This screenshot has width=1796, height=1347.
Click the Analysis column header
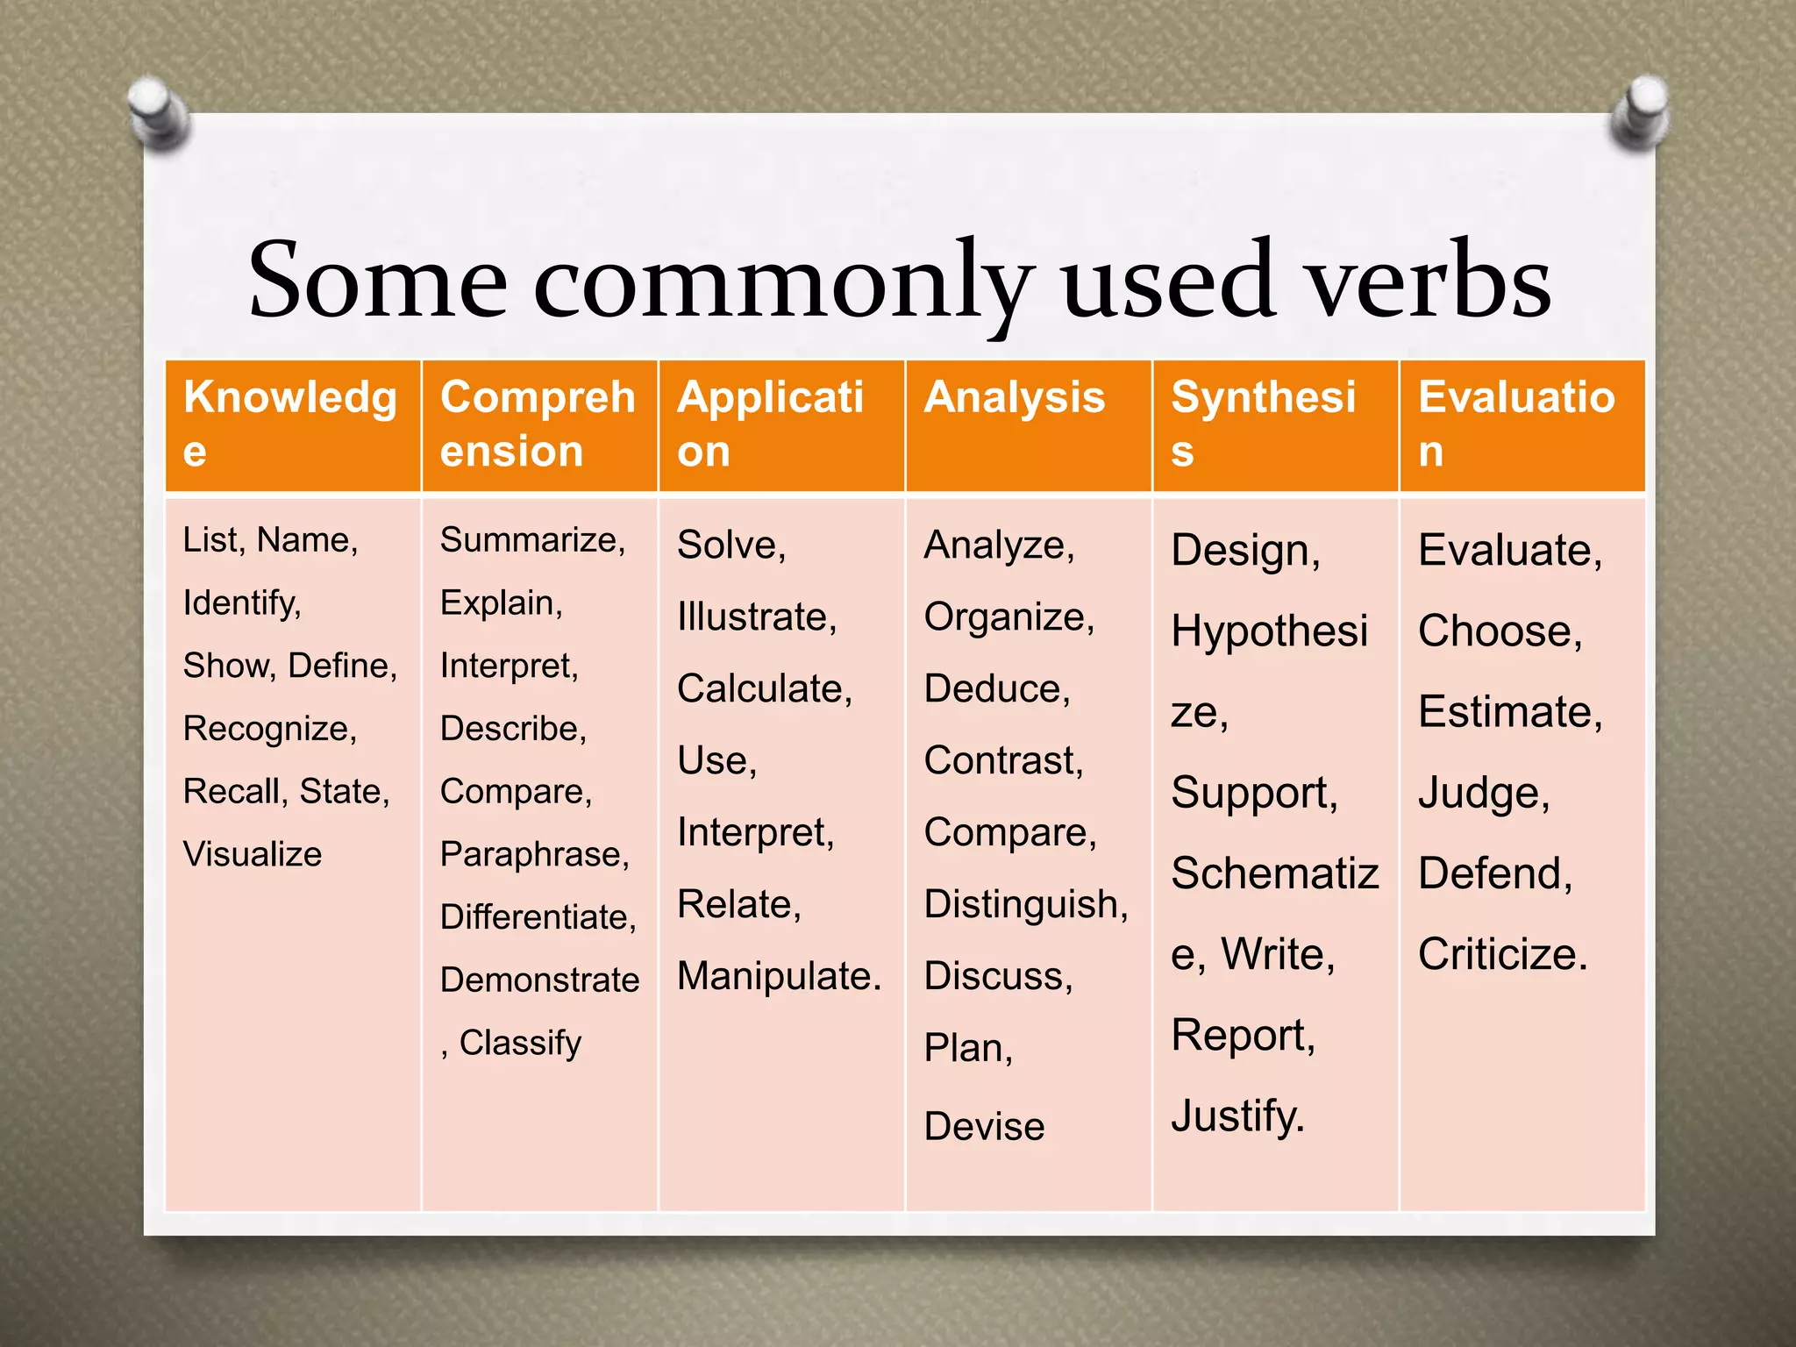pos(1014,397)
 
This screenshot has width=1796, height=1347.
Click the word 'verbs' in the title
pos(1429,281)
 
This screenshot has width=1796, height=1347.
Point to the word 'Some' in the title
pos(378,281)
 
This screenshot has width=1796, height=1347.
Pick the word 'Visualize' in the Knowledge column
pos(253,854)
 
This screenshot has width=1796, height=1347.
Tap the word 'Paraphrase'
pos(532,854)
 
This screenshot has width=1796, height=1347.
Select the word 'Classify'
pos(520,1043)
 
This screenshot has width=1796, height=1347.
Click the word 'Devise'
pos(984,1127)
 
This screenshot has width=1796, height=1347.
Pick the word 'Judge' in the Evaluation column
pos(1480,794)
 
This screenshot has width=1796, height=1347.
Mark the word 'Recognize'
pos(267,729)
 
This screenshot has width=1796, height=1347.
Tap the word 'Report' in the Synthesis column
pos(1240,1036)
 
